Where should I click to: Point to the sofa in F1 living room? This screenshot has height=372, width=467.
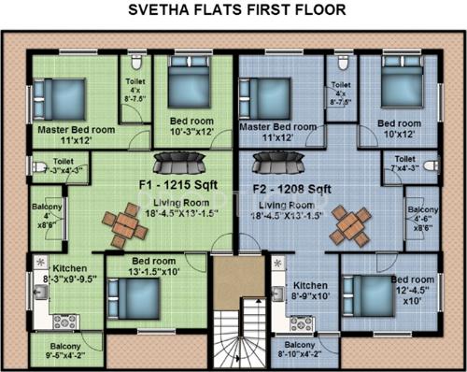(x=173, y=167)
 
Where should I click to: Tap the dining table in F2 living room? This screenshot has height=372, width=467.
(x=349, y=225)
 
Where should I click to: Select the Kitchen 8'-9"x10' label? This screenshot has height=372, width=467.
(x=309, y=292)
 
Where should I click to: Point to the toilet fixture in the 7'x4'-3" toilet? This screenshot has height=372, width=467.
(x=431, y=165)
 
